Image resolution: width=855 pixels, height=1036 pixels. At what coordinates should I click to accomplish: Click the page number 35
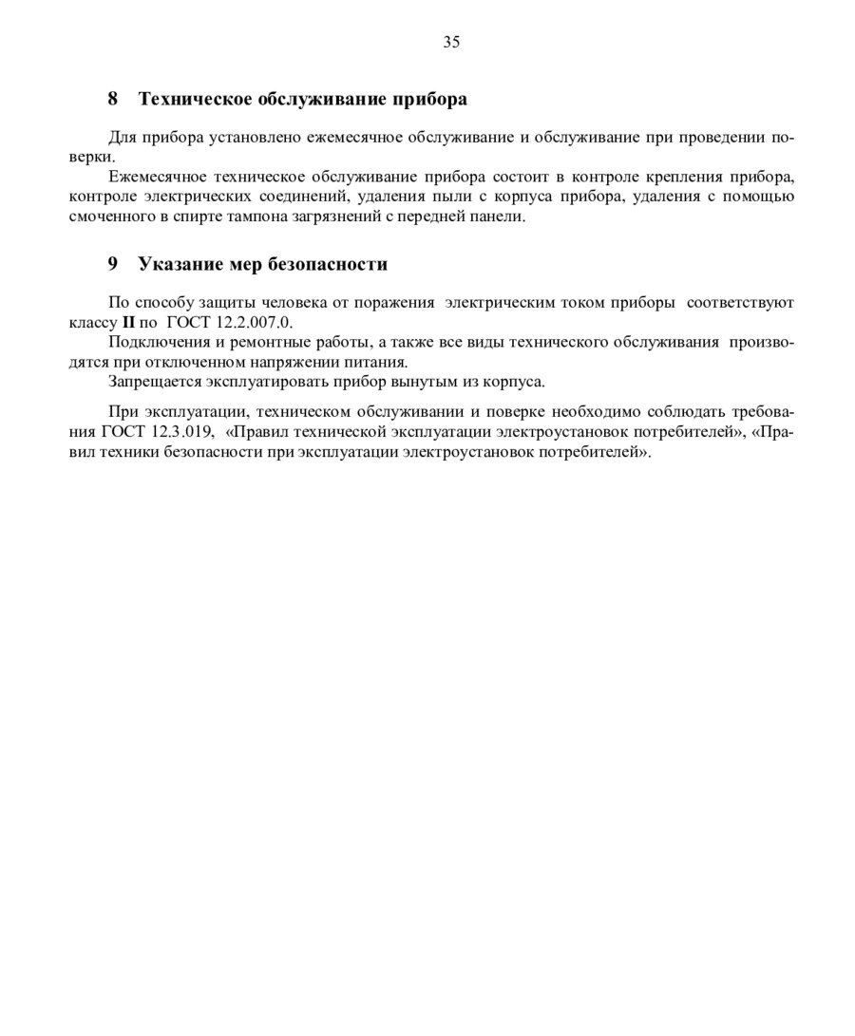451,42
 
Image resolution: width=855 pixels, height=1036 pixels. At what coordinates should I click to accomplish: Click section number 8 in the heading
112,99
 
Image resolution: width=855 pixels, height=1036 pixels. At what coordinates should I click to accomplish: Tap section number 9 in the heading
112,264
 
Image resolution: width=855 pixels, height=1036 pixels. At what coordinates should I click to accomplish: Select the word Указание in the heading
180,264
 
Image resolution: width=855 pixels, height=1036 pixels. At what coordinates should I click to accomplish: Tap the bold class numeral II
129,322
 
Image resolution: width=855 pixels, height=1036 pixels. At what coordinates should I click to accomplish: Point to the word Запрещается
150,382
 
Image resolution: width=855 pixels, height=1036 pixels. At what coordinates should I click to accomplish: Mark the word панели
501,217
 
